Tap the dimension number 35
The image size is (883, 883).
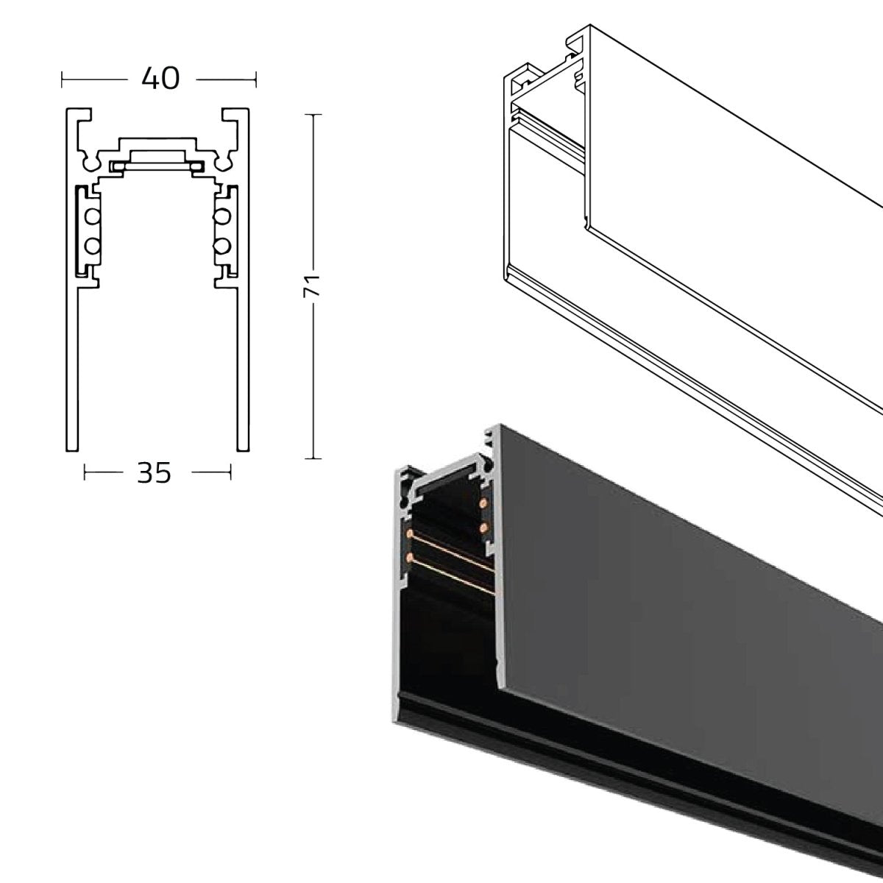click(154, 473)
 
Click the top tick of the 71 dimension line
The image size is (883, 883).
click(313, 115)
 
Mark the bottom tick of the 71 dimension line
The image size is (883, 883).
click(313, 458)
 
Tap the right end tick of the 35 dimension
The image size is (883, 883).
click(231, 473)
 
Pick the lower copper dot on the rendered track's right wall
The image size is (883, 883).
click(483, 528)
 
